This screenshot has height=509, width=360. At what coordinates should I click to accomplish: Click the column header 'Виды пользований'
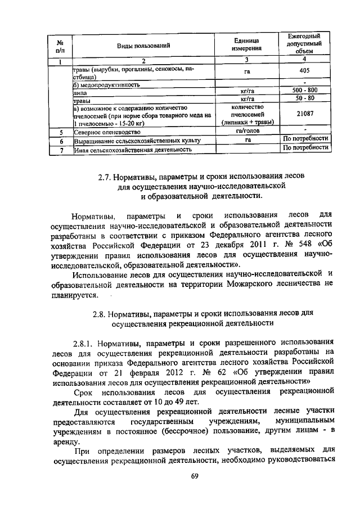(143, 45)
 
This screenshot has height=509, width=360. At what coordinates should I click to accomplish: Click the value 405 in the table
(304, 72)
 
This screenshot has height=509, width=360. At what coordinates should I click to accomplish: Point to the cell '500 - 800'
(304, 90)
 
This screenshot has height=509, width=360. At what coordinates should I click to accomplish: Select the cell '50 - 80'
(304, 98)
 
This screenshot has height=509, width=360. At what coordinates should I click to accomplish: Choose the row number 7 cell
(59, 150)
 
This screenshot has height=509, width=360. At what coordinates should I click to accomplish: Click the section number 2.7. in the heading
(106, 177)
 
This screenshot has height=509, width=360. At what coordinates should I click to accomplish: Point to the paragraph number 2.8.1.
(85, 343)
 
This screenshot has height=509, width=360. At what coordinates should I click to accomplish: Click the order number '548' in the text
(295, 245)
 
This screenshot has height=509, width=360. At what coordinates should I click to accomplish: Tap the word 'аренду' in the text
(66, 443)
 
